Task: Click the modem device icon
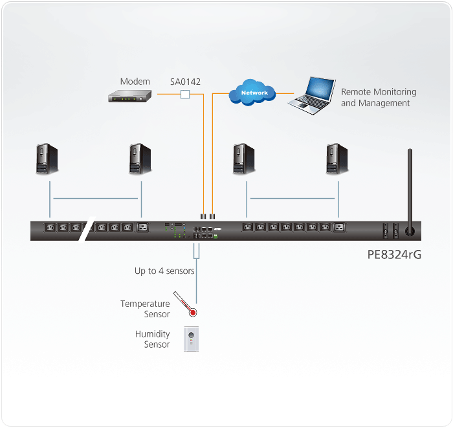pos(129,96)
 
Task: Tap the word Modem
pos(135,82)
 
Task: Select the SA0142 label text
pos(185,82)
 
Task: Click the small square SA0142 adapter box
pos(185,95)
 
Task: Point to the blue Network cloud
pos(253,93)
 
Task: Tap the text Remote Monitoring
pos(379,92)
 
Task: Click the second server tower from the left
pos(140,159)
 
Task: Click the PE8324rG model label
pos(394,254)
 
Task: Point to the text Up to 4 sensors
pos(164,271)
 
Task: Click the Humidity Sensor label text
pos(153,339)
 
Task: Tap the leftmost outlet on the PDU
pos(50,227)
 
